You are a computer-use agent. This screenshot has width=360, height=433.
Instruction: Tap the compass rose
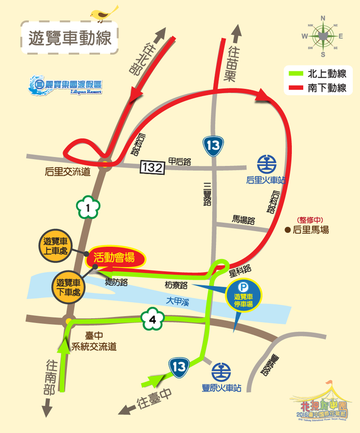[x=323, y=36]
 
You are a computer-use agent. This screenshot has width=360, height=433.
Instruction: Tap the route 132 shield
[x=153, y=167]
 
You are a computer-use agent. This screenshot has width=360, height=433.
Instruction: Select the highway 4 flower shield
[x=152, y=321]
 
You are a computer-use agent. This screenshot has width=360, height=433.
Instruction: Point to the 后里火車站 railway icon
[x=267, y=165]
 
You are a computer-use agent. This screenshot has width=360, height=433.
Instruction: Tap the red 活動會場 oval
[x=115, y=258]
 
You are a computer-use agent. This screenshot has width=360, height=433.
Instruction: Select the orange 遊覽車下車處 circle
[x=69, y=287]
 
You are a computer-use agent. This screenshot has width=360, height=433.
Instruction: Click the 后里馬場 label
[x=309, y=229]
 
